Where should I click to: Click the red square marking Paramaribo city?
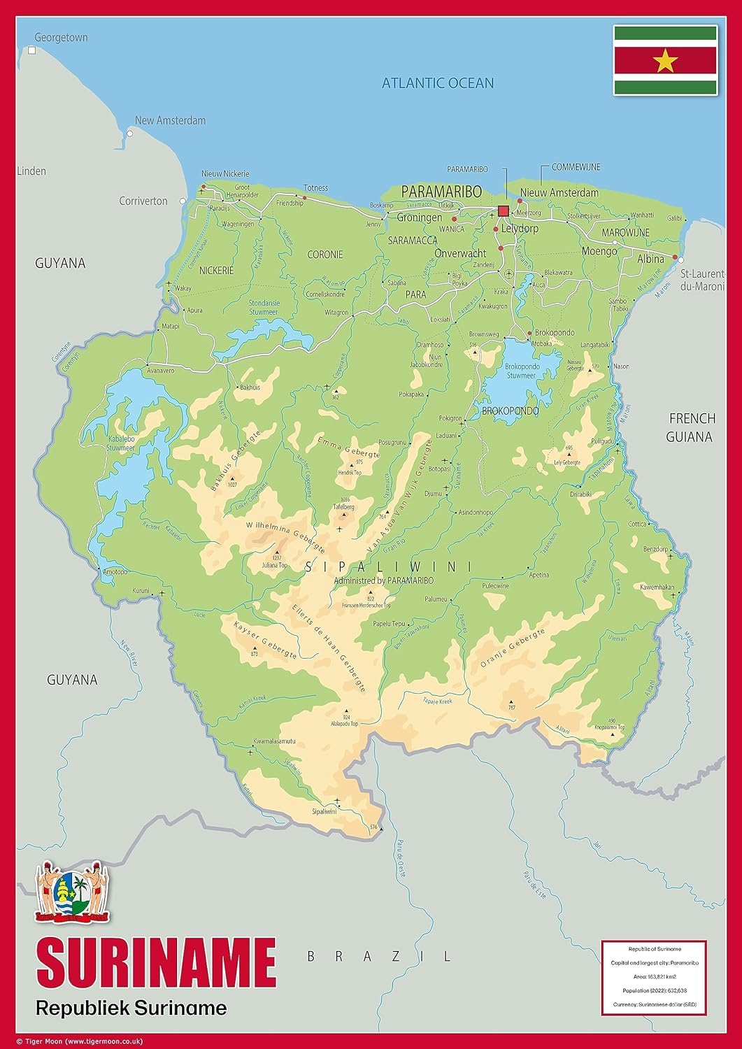pos(503,211)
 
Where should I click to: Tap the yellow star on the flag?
pos(665,62)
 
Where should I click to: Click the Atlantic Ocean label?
pos(438,83)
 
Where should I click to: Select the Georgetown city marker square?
pos(31,50)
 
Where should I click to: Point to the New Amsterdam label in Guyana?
pos(170,120)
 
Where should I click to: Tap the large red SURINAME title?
pos(156,963)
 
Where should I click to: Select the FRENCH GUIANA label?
pos(692,427)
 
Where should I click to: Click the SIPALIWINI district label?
pos(388,567)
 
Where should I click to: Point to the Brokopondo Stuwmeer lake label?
pos(522,371)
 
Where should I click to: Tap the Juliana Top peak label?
pos(274,565)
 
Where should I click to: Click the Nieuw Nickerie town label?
pos(225,173)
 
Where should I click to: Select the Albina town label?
pos(650,259)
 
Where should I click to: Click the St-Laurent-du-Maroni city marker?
pos(681,259)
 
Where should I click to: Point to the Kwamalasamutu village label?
pos(274,741)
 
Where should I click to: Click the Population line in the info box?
pos(654,990)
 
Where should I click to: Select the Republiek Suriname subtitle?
pos(131,1008)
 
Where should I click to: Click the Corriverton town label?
pos(143,201)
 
